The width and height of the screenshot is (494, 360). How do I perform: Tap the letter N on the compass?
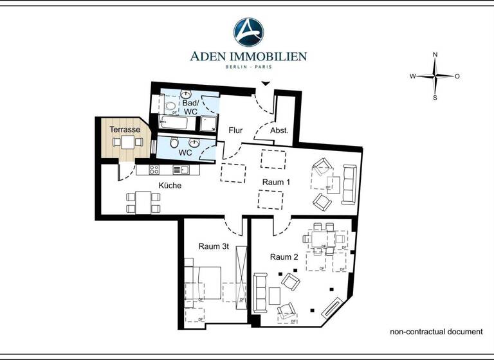pyautogui.click(x=435, y=55)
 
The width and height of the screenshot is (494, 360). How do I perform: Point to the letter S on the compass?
pyautogui.click(x=435, y=98)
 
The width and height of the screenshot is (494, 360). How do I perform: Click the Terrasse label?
pyautogui.click(x=125, y=130)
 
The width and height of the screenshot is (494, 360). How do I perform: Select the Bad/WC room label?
pyautogui.click(x=190, y=107)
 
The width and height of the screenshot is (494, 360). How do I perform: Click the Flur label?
pyautogui.click(x=236, y=130)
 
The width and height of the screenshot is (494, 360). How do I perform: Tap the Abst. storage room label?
pyautogui.click(x=279, y=130)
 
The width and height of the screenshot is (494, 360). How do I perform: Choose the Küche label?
pyautogui.click(x=170, y=186)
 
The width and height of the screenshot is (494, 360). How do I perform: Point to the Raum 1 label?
pyautogui.click(x=276, y=183)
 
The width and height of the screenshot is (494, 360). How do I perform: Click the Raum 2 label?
pyautogui.click(x=284, y=256)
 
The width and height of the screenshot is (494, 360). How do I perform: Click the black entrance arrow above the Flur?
pyautogui.click(x=265, y=84)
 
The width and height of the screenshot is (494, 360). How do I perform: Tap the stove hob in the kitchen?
pyautogui.click(x=154, y=170)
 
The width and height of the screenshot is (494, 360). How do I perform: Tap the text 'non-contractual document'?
pyautogui.click(x=436, y=332)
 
